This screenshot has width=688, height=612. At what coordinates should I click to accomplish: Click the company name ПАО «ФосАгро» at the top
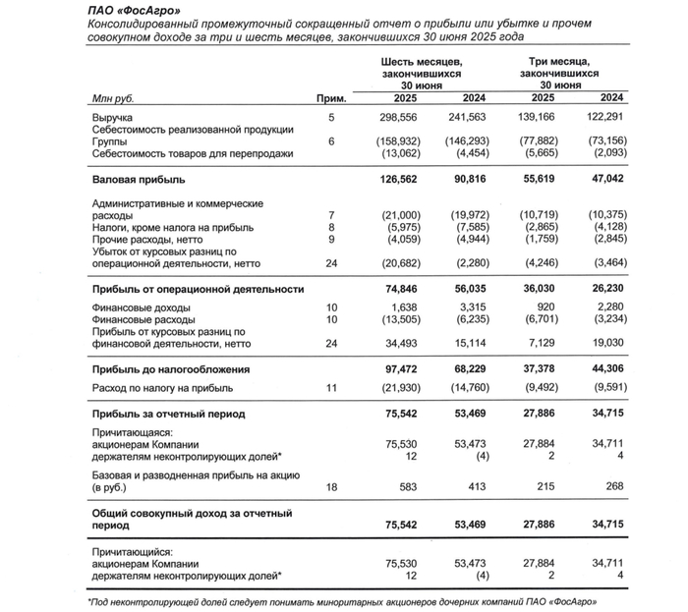click(x=130, y=10)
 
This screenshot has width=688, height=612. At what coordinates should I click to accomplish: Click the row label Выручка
click(x=113, y=118)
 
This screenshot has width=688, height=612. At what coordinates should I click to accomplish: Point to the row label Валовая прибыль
click(x=138, y=180)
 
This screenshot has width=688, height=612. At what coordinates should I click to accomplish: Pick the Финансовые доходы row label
click(x=137, y=308)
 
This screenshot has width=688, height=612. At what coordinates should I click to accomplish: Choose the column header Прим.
click(x=329, y=99)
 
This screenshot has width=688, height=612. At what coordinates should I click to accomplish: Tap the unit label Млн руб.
click(x=109, y=99)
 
